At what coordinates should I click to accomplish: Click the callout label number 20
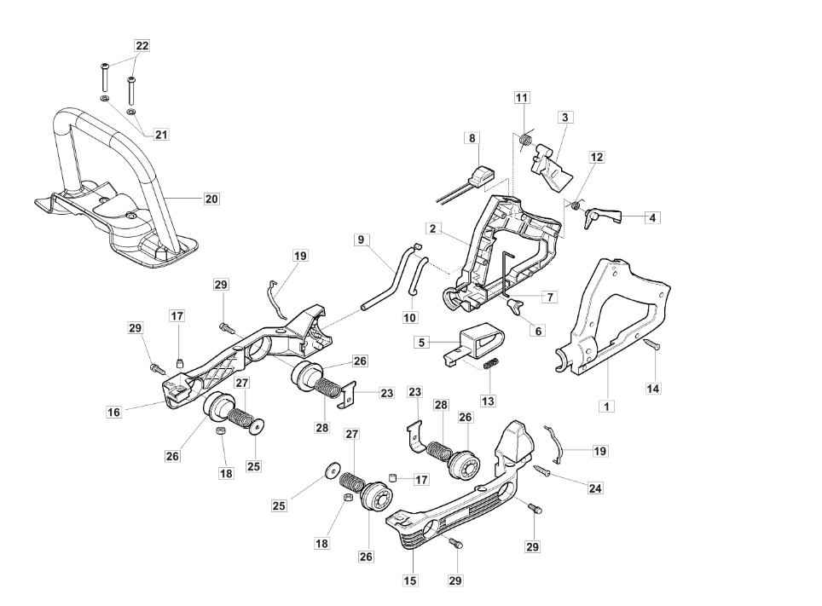211,199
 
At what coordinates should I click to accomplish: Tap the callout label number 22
142,46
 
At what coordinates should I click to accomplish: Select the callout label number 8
472,137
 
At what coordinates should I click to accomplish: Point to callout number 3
564,117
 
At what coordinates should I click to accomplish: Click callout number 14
653,388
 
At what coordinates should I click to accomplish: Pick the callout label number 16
113,412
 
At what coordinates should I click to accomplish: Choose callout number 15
411,580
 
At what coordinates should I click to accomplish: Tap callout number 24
594,488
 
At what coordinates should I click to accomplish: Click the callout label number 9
362,240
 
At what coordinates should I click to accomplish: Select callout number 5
421,343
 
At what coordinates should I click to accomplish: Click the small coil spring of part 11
526,139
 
